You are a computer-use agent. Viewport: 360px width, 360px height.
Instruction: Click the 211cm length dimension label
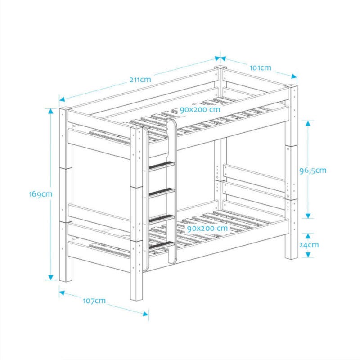[x=140, y=80]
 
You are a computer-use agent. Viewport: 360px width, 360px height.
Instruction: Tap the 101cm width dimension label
[x=261, y=68]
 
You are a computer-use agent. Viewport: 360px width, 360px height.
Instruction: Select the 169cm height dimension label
[x=40, y=194]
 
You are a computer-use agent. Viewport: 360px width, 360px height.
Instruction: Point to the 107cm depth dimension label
[x=94, y=301]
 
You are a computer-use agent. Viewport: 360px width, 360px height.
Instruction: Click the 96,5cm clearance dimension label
[x=313, y=171]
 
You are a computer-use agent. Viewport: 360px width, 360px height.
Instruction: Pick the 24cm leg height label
[x=309, y=245]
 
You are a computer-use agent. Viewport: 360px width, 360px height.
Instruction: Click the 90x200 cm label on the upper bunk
[x=200, y=109]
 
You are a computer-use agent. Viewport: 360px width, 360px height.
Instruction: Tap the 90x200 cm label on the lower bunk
[x=207, y=229]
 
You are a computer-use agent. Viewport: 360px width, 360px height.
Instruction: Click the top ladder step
[x=162, y=165]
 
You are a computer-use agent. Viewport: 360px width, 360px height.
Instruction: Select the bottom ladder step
[x=162, y=245]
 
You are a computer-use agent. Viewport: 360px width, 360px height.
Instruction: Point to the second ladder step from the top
[x=162, y=192]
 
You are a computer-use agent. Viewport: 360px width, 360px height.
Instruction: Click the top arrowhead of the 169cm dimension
[x=51, y=111]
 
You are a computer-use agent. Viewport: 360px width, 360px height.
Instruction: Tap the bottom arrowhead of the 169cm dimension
[x=51, y=277]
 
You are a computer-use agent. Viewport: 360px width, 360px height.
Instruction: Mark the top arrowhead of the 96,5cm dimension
[x=308, y=123]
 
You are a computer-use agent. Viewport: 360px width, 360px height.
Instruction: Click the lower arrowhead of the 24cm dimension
[x=308, y=255]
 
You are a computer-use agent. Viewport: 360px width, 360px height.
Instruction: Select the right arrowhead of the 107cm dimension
[x=145, y=314]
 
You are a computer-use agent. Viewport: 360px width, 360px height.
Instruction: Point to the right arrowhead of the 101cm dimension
[x=294, y=76]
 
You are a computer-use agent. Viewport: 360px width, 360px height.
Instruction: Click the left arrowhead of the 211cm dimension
[x=62, y=99]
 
